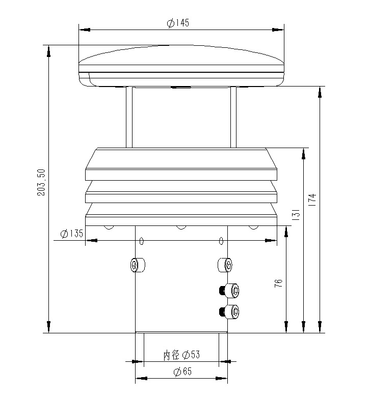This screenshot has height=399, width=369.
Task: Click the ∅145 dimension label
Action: click(178, 23)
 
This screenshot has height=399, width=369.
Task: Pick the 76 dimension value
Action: click(278, 283)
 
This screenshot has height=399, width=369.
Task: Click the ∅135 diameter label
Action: click(71, 234)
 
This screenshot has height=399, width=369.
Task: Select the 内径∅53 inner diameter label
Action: click(181, 355)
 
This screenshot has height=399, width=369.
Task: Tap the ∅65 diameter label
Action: click(182, 372)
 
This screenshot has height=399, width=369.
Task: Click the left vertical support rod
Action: click(129, 117)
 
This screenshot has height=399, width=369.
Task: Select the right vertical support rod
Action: click(233, 117)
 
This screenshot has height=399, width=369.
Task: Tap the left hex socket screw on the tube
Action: click(136, 265)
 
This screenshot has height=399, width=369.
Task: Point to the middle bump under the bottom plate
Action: click(180, 227)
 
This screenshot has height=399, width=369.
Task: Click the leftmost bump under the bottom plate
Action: click(108, 227)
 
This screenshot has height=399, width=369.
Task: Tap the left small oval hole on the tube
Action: click(142, 241)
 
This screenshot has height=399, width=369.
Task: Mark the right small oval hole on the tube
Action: click(221, 241)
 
